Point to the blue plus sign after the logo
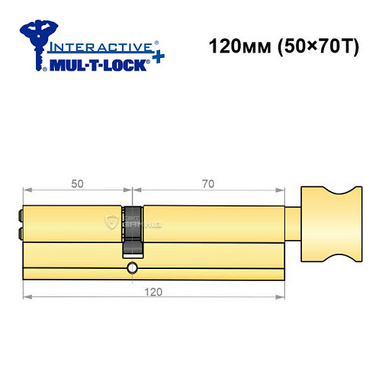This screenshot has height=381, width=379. tap(156, 60)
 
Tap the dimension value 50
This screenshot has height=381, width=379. tap(76, 184)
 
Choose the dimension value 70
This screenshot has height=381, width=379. tap(208, 184)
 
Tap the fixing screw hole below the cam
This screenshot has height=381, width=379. tap(133, 267)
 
